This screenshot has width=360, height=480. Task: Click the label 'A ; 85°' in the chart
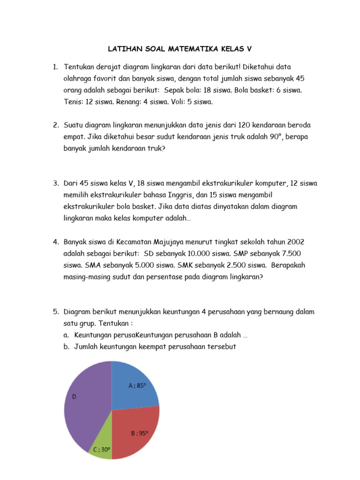pos(137,386)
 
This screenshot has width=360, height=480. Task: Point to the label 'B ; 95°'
pos(139,433)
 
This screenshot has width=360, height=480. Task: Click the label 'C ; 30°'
pos(102,450)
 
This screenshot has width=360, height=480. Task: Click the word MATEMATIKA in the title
pos(180,48)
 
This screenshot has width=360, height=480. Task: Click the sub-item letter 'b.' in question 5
pos(67,346)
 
